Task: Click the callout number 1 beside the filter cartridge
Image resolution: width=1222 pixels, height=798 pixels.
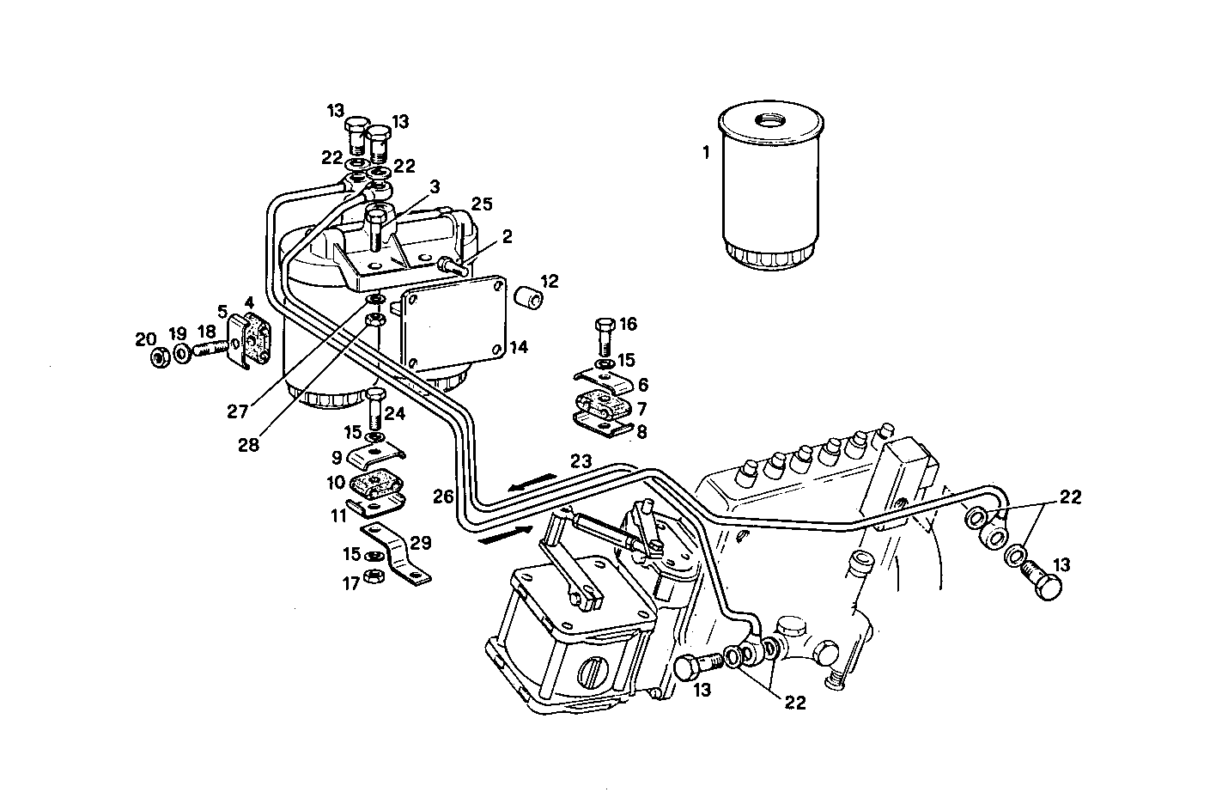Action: pyautogui.click(x=705, y=154)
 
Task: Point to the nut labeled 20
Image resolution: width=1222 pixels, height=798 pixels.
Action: pyautogui.click(x=158, y=356)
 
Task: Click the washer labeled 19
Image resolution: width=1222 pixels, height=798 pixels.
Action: pyautogui.click(x=182, y=354)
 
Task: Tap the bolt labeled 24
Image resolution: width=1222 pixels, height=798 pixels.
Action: pyautogui.click(x=375, y=410)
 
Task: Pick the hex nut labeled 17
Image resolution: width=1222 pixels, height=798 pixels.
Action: pyautogui.click(x=374, y=575)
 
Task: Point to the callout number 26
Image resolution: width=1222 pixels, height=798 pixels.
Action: pyautogui.click(x=442, y=496)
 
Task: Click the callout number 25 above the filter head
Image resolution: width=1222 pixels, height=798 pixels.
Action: pyautogui.click(x=483, y=204)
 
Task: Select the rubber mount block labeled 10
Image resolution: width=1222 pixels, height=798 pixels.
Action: pyautogui.click(x=374, y=485)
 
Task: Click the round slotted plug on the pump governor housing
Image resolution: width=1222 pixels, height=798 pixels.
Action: pyautogui.click(x=592, y=671)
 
